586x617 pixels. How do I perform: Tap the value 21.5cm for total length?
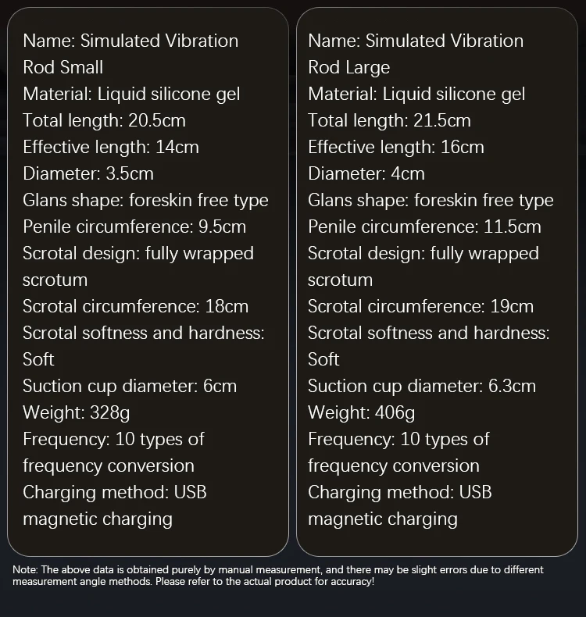click(440, 120)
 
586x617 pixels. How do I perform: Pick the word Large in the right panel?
click(367, 67)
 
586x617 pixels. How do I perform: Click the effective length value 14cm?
click(177, 147)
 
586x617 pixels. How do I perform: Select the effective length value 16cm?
click(462, 147)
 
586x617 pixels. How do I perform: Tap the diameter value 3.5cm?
click(125, 173)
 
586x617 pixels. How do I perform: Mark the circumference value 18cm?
click(227, 306)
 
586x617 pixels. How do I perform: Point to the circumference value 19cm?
click(512, 306)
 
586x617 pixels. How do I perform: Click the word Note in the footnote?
click(24, 570)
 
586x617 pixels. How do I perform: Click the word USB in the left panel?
click(190, 492)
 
